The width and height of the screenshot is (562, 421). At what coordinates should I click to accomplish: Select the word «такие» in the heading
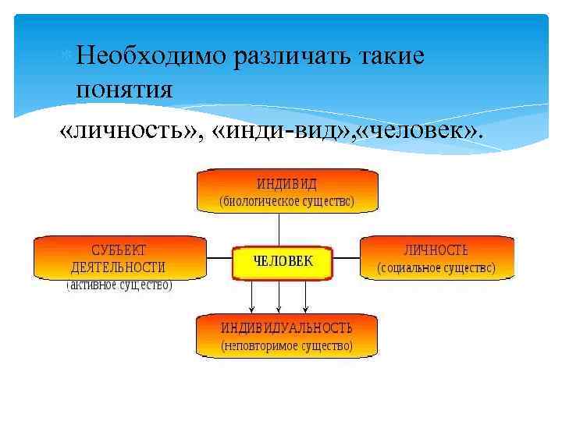pyautogui.click(x=391, y=55)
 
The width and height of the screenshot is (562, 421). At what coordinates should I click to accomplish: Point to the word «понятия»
pyautogui.click(x=124, y=90)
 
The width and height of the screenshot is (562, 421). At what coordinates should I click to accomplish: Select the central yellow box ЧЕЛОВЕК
pyautogui.click(x=283, y=263)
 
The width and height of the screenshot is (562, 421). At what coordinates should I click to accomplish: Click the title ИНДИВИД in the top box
pyautogui.click(x=286, y=184)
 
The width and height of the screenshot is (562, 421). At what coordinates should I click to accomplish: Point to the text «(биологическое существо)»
pyautogui.click(x=286, y=200)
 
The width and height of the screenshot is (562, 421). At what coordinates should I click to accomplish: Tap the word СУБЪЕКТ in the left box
pyautogui.click(x=119, y=251)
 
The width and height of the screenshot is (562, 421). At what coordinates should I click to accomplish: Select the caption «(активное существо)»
pyautogui.click(x=119, y=285)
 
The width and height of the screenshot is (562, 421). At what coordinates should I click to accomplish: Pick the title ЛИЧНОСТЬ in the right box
pyautogui.click(x=436, y=251)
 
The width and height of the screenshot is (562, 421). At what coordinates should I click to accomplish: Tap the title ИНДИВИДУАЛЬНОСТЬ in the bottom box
pyautogui.click(x=286, y=327)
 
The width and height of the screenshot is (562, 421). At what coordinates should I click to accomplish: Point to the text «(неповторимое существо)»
pyautogui.click(x=286, y=345)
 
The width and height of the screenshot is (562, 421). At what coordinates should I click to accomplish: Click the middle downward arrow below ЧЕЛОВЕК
pyautogui.click(x=279, y=296)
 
